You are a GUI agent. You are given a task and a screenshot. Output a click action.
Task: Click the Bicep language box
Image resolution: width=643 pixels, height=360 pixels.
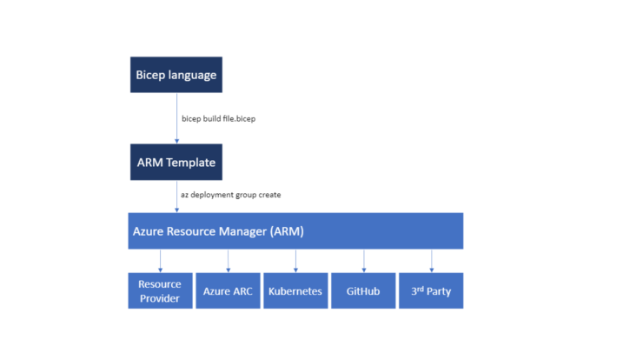click(176, 75)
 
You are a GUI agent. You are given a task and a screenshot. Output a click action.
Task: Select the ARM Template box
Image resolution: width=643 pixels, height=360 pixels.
click(176, 162)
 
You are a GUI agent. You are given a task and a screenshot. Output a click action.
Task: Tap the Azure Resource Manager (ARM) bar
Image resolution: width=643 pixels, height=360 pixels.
click(295, 230)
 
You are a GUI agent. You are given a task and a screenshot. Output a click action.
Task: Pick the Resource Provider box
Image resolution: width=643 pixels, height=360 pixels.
click(161, 290)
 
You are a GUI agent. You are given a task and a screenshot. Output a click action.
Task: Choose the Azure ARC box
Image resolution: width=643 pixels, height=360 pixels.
click(228, 290)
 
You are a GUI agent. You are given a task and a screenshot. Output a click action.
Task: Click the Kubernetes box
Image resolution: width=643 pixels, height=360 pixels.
click(295, 290)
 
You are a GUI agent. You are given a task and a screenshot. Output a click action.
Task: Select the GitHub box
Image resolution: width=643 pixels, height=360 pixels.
click(363, 290)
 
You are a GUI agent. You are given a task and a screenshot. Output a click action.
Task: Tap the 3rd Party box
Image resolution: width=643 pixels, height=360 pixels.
click(431, 290)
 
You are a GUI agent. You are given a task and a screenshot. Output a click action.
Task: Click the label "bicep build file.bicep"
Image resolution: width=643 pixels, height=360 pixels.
click(219, 118)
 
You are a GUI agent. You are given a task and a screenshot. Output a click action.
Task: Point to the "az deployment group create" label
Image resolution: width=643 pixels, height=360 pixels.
click(231, 195)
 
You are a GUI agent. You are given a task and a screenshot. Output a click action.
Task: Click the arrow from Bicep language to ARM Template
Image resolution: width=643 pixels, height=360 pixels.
click(176, 118)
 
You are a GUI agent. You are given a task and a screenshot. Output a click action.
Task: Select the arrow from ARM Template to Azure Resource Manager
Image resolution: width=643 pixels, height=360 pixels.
click(176, 197)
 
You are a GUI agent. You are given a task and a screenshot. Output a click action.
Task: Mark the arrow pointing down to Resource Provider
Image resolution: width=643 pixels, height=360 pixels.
click(161, 261)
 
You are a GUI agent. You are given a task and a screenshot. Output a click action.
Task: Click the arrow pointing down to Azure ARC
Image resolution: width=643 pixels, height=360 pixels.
click(228, 261)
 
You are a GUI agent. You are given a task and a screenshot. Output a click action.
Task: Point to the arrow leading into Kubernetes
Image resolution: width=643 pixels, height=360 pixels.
click(295, 261)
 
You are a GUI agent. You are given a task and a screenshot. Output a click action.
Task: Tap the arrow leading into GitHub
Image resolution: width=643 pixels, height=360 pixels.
click(364, 261)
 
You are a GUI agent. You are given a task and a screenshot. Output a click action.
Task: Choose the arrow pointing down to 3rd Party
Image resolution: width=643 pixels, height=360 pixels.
click(431, 261)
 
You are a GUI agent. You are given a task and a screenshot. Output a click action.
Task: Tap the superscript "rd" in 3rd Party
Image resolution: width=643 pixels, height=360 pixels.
click(421, 289)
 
